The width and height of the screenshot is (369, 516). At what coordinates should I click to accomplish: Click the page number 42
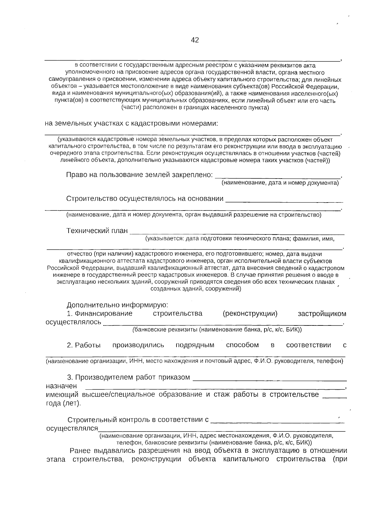coord(195,40)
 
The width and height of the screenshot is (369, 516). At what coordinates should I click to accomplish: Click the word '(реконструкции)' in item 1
coord(250,313)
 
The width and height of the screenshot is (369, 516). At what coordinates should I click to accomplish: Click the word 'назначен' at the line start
coord(61,386)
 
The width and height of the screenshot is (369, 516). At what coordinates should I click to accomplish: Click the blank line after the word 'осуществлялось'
coord(223,323)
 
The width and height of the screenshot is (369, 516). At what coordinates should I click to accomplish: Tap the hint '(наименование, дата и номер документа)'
coord(280,183)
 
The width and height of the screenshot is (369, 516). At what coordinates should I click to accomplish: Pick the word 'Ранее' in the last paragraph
coord(81,451)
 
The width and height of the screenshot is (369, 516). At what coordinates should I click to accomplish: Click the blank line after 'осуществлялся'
coord(221,429)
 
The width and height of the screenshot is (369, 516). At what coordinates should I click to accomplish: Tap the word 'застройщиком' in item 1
coord(322,313)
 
